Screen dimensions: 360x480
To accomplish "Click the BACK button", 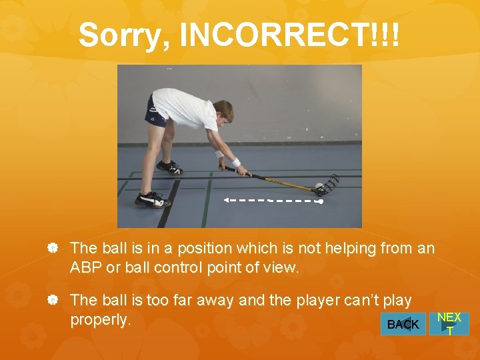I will click(x=403, y=324).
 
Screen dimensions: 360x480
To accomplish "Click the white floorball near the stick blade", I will click(x=319, y=186).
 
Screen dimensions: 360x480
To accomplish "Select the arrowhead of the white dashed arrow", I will click(x=226, y=199).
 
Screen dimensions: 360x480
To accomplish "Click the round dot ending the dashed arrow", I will click(x=321, y=201).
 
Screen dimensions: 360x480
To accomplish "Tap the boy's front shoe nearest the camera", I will click(x=150, y=199).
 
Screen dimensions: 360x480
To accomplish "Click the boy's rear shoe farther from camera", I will click(x=169, y=167).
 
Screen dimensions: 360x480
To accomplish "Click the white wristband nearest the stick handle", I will click(x=235, y=162).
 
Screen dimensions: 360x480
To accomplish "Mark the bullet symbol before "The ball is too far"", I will click(x=53, y=301).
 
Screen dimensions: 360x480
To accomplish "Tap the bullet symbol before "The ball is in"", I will click(x=53, y=249).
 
